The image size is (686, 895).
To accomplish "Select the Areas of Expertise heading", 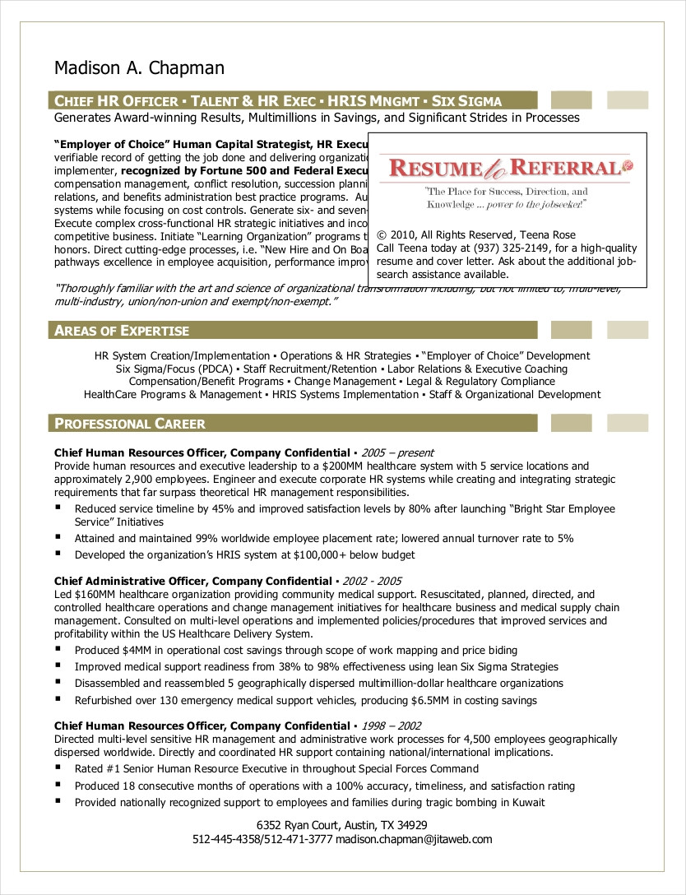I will click(x=122, y=331).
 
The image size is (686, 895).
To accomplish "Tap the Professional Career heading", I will click(x=130, y=424).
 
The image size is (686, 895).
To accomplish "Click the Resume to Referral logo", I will click(x=506, y=169).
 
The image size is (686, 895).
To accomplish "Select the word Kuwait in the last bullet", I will click(x=528, y=802).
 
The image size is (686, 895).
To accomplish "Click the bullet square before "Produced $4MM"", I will click(x=58, y=649).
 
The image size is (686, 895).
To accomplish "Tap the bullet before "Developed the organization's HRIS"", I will click(x=58, y=554).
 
